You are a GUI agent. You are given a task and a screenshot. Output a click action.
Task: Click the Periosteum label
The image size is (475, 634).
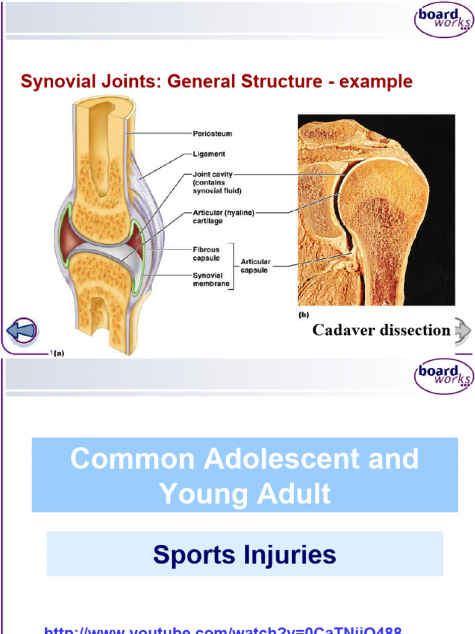(212, 133)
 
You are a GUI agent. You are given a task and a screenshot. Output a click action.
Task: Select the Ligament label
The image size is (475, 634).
(209, 154)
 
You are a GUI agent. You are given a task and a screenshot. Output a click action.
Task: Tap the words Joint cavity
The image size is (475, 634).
(213, 175)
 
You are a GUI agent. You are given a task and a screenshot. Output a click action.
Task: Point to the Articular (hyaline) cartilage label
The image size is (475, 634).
(223, 212)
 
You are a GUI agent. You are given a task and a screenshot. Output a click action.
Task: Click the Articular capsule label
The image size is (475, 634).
(255, 266)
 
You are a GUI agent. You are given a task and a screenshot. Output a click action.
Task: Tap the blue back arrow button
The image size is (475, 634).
(22, 330)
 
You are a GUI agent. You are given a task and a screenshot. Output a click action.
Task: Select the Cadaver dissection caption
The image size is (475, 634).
(381, 330)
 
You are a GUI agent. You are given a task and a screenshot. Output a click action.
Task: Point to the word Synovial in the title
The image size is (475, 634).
(52, 82)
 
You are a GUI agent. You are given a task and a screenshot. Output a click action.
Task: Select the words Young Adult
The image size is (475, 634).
(245, 494)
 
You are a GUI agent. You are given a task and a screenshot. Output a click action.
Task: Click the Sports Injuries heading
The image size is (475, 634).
(245, 555)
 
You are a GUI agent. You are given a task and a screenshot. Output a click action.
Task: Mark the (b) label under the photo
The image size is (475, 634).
(304, 315)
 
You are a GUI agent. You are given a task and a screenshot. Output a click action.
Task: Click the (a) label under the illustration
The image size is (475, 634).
(59, 353)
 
